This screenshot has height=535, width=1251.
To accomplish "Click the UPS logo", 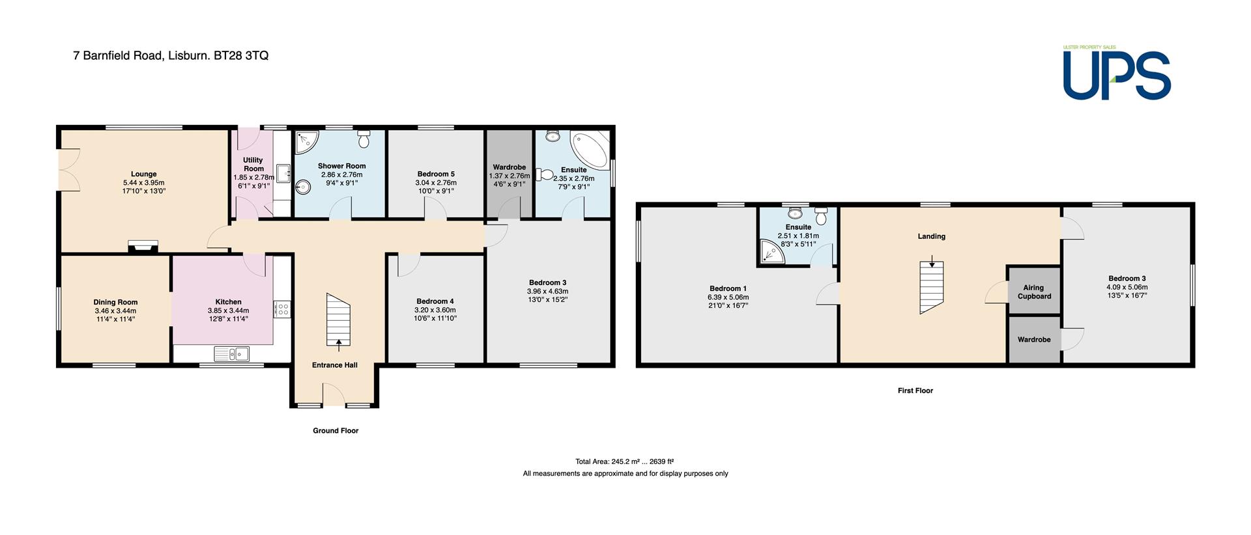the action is click(1117, 73).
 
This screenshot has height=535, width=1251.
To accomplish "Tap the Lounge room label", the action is click(144, 174).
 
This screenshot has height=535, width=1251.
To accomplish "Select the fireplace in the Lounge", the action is click(143, 245).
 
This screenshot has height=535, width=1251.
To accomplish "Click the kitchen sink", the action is click(231, 353).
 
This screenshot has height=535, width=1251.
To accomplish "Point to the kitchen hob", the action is click(282, 308).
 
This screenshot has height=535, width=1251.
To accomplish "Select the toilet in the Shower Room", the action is click(364, 138).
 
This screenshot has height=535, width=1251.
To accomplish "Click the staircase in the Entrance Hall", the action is click(338, 320).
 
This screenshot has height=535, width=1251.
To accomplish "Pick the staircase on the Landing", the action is click(932, 287).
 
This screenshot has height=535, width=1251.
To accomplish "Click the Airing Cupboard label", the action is click(1034, 292).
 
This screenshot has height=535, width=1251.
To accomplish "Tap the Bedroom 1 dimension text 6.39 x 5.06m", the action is click(728, 297).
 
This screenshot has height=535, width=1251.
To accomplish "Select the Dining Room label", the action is click(115, 302).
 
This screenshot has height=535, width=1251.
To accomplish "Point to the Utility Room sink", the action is click(283, 174).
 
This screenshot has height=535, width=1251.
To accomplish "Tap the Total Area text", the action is click(625, 461).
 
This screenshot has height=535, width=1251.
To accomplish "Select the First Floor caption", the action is click(915, 391).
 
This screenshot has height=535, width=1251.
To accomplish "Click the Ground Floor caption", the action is click(336, 430).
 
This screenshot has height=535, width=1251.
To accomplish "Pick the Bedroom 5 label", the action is click(436, 174).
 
